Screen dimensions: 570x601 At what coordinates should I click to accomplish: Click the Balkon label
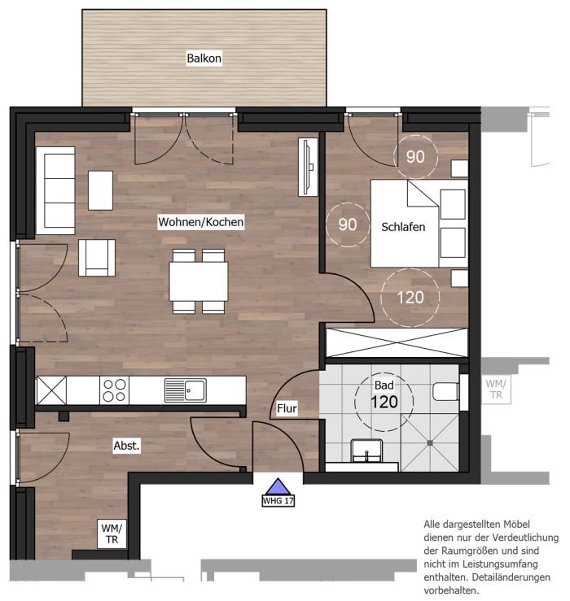pos(204,59)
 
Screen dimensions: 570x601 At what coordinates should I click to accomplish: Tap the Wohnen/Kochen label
pos(201,222)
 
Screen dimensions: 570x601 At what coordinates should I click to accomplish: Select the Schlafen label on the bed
pos(403,227)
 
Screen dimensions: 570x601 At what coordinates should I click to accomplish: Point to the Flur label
pos(287,408)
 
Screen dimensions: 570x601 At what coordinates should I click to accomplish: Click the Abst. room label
pos(127,446)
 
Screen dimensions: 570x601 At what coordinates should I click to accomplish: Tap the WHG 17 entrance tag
pos(278,501)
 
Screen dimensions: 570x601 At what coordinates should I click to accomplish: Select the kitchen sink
pos(186,390)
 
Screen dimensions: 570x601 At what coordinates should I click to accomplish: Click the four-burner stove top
pos(114,390)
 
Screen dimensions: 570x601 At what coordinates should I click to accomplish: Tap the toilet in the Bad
pos(445,392)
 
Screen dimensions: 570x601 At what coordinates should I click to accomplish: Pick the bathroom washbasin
pos(366,451)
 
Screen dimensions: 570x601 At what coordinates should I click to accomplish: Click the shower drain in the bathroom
pos(430,443)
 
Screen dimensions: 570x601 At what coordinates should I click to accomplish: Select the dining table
pos(199,281)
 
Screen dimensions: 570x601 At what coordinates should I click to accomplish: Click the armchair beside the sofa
pos(97,258)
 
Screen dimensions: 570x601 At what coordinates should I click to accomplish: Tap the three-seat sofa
pos(55,190)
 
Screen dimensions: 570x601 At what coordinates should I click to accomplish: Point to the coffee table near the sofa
pos(101,190)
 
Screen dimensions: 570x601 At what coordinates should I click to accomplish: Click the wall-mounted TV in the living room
pos(309,167)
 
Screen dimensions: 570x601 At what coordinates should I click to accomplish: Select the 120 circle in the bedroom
pos(410,298)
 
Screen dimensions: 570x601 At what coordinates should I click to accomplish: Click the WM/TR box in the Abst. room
pos(112,533)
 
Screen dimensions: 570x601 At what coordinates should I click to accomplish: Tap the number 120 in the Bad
pos(384,402)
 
